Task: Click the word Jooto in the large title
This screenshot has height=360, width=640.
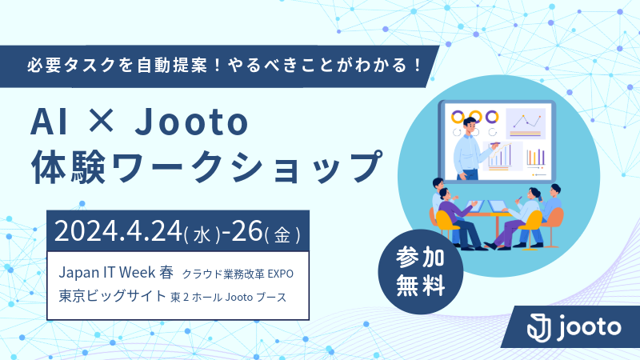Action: click(x=191, y=122)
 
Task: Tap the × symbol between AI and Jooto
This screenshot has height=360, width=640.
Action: click(x=102, y=122)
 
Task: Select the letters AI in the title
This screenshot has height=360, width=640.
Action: click(x=49, y=122)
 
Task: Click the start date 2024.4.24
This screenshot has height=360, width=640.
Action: click(x=118, y=231)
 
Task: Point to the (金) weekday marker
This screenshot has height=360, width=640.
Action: click(x=282, y=234)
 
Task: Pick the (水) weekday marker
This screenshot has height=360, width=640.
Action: click(x=202, y=234)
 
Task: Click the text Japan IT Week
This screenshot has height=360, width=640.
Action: click(x=107, y=272)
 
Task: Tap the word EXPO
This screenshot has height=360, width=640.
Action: click(x=281, y=274)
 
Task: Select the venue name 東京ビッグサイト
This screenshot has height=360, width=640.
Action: click(x=112, y=295)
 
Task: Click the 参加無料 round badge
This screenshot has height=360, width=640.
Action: click(x=421, y=272)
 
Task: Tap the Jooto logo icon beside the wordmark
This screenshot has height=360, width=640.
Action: click(x=538, y=327)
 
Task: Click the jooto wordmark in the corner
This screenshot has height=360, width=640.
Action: click(x=590, y=327)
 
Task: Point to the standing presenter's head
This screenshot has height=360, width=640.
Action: click(x=470, y=126)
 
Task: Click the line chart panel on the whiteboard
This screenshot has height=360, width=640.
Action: click(x=526, y=124)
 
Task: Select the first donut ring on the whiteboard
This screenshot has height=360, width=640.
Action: click(x=458, y=117)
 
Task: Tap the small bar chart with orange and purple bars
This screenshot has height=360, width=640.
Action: click(x=536, y=157)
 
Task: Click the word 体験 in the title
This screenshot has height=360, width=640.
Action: click(x=70, y=166)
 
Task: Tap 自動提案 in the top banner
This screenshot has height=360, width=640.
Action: click(x=172, y=66)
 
